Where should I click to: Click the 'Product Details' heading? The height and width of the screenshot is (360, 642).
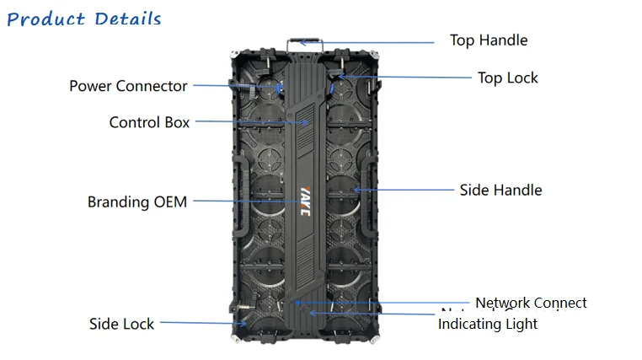83,19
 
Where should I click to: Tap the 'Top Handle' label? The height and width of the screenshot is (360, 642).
488,40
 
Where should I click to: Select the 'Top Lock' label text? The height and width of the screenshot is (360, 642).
507,78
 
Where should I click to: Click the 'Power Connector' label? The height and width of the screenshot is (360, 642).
128,86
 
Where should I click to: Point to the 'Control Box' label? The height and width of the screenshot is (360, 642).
149,122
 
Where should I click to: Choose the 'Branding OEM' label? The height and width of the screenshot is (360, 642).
137,202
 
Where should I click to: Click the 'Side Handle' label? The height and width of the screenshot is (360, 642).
500,190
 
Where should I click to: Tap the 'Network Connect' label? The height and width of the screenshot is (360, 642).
531,303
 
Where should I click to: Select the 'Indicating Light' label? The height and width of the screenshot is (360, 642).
487,324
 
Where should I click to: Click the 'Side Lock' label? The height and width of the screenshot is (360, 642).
122,324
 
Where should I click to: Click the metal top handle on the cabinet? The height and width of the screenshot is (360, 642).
305,42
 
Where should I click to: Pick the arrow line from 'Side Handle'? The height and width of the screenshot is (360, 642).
404,190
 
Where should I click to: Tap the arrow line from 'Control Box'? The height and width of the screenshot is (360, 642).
253,122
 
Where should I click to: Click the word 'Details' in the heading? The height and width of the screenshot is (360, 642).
127,19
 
